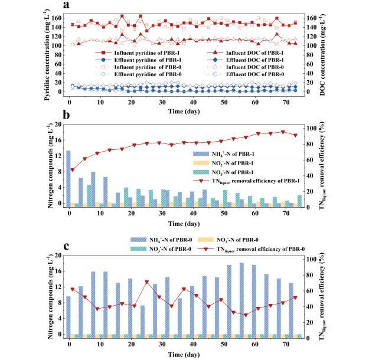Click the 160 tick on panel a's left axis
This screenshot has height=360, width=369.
(58, 18)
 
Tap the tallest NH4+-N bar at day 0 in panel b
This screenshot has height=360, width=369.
(69, 177)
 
